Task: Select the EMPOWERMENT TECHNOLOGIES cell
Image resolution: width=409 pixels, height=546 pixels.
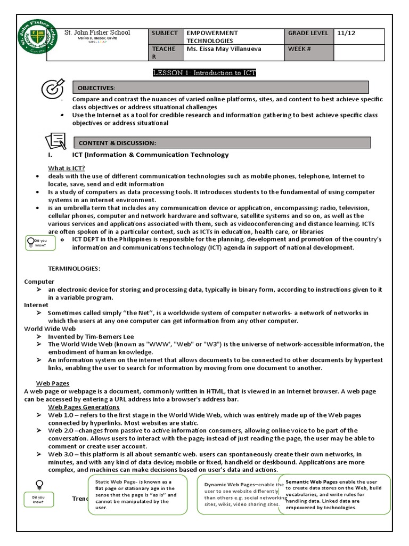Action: [232, 36]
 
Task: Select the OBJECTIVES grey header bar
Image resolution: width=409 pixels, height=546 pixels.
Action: [220, 87]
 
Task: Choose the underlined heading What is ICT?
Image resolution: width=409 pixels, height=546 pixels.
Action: [67, 168]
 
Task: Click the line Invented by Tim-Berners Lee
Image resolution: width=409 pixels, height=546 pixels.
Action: [91, 336]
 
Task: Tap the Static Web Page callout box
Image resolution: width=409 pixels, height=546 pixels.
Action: [137, 494]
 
